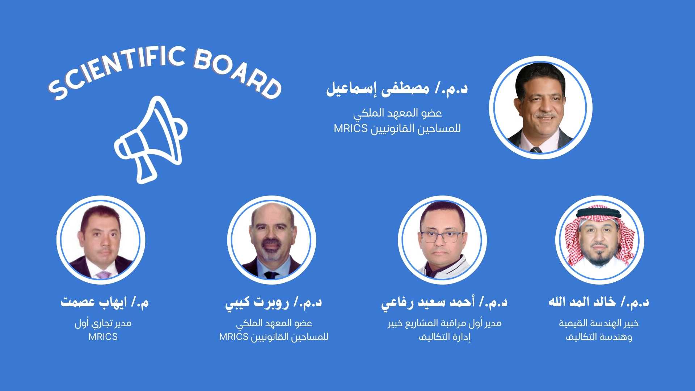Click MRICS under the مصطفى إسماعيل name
tap(350, 129)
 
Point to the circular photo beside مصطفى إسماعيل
tap(540, 108)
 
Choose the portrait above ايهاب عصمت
tap(101, 240)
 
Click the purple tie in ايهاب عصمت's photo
tap(104, 275)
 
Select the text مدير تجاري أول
tap(103, 323)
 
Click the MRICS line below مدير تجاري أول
tap(103, 337)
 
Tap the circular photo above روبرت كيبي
tap(271, 240)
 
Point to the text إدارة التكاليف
tap(445, 337)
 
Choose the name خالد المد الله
tap(582, 302)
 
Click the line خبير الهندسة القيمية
tap(599, 323)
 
